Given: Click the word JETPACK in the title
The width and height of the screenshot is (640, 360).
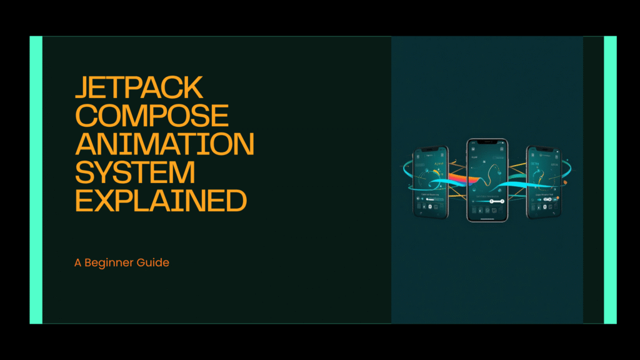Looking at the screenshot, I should pos(139,88).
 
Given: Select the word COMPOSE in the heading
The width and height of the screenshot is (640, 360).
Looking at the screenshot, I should pos(152,116).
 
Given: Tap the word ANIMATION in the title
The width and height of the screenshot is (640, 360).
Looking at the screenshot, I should pos(164,144).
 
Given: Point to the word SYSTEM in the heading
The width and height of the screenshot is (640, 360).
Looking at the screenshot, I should pos(135,172).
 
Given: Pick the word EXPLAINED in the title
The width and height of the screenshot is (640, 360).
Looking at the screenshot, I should pos(161,201).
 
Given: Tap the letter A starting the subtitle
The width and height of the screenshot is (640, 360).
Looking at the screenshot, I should pos(78,262).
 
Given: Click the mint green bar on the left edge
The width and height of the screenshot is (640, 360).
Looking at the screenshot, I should pos(36,180).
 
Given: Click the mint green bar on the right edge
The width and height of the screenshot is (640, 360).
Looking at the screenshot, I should pos(610,180).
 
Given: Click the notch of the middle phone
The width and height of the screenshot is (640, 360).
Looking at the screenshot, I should pos(487,142).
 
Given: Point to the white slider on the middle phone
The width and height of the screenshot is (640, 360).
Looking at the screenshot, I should pos(493,201).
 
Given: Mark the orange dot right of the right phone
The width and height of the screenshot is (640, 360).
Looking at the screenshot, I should pos(565,182).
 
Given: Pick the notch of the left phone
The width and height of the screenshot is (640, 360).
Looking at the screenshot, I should pos(431,149).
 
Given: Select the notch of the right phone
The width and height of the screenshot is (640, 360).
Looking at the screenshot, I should pos(542,149).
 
